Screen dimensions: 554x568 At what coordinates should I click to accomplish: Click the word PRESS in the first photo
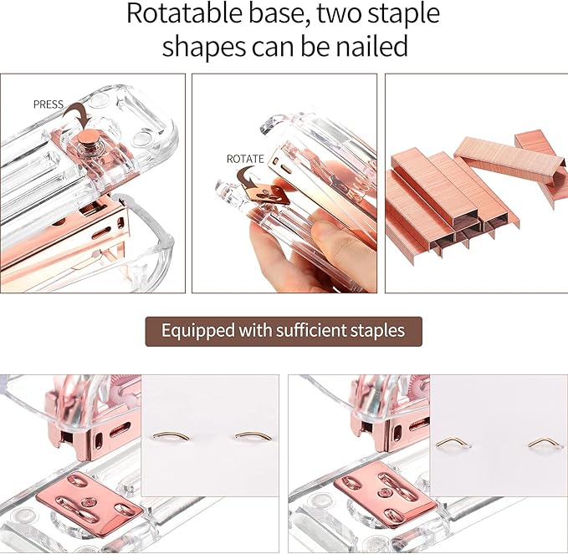coord(49,104)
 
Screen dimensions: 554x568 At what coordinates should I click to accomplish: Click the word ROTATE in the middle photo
coord(245,158)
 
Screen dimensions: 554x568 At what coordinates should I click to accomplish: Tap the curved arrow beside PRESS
coord(80,110)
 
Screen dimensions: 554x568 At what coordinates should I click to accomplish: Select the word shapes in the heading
coord(201,47)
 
